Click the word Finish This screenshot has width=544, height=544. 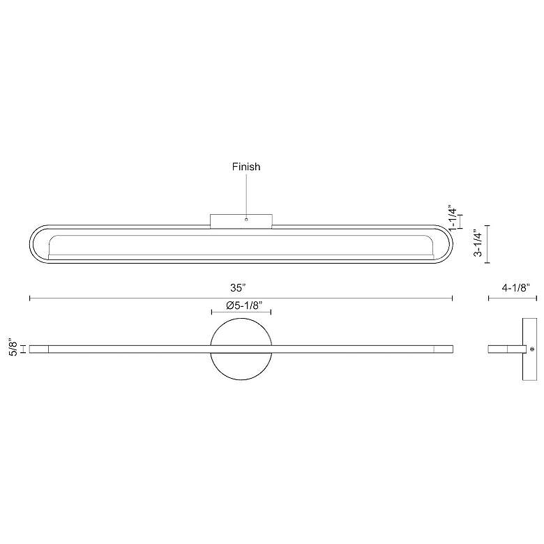click(246, 167)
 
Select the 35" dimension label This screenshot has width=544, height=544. click(238, 288)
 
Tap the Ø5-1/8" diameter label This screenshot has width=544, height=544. click(244, 305)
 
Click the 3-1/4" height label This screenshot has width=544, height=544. click(478, 243)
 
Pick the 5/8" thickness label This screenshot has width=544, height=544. click(13, 347)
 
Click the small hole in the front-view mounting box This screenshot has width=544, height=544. click(246, 219)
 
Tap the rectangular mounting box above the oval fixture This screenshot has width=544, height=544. click(241, 221)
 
